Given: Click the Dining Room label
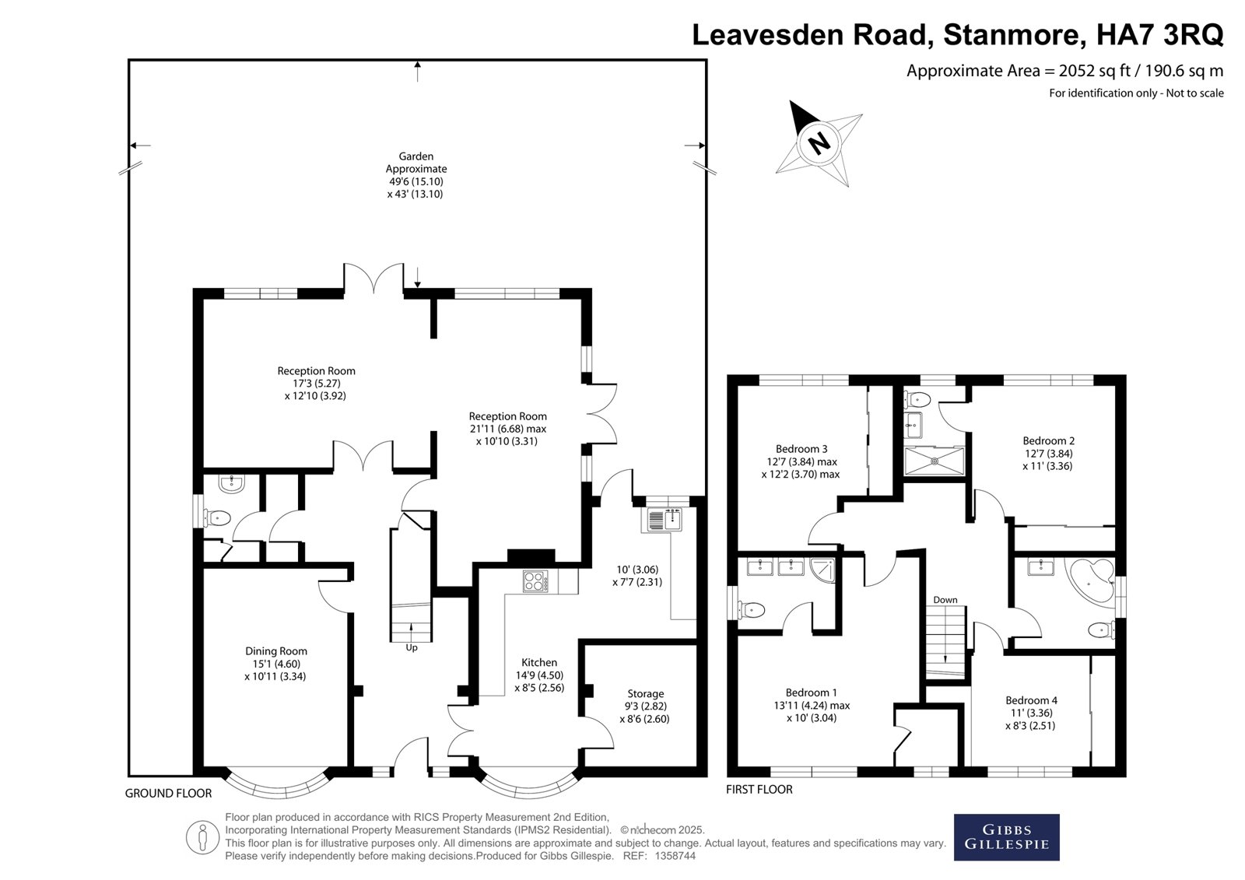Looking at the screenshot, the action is click(276, 651).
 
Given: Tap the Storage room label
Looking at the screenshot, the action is click(645, 693).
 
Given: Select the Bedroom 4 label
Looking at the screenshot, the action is click(1031, 700).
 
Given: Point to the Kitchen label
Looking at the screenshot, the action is click(539, 662).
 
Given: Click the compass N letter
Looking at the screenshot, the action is click(819, 143).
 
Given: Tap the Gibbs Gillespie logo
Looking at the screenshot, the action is click(1007, 837).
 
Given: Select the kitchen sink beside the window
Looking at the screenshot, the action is click(665, 519).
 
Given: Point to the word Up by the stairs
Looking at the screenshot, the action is click(412, 647).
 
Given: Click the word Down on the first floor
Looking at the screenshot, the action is click(945, 600).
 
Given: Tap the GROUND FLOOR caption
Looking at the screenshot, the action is click(168, 794).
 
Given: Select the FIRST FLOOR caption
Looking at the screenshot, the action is click(759, 790).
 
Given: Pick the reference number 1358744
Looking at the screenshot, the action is click(675, 856).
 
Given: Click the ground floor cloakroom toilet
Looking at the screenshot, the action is click(217, 518).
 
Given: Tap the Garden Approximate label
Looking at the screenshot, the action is click(416, 163).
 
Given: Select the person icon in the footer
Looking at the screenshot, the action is click(202, 837).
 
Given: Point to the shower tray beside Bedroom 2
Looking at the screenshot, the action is click(935, 461).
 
